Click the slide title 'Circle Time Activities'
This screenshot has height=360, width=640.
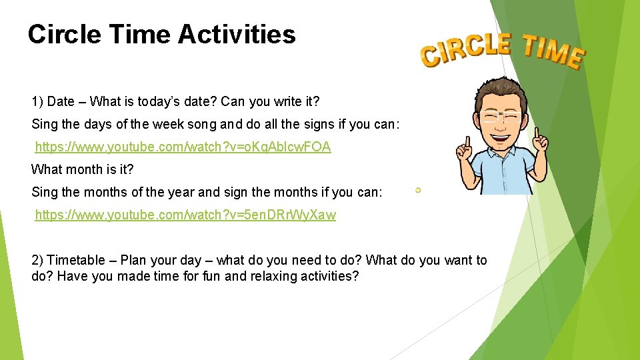point(161,34)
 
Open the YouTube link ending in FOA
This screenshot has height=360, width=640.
point(183,147)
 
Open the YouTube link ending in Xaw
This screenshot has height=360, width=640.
point(185,215)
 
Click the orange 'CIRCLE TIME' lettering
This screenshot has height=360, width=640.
point(502,51)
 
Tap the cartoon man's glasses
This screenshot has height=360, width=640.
point(504,118)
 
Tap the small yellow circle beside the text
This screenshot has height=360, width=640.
point(418,191)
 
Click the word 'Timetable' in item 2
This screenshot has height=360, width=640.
point(76,261)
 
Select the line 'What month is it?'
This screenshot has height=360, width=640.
point(83,169)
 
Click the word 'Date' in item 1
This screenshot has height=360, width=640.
point(61,102)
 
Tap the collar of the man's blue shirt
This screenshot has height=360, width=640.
point(505,155)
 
